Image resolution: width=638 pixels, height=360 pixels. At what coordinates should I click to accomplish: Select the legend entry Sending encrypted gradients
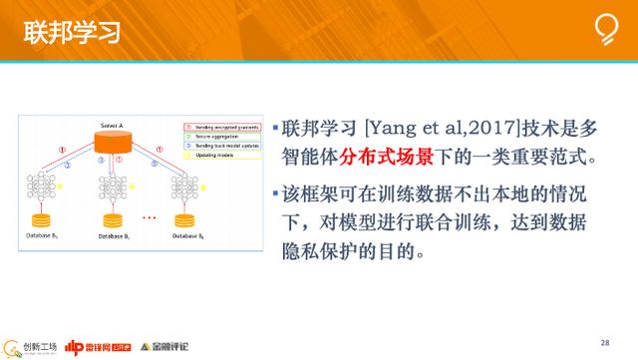[221, 128]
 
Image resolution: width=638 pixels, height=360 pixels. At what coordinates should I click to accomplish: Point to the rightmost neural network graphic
[185, 186]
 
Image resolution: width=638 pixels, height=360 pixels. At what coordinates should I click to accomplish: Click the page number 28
[605, 341]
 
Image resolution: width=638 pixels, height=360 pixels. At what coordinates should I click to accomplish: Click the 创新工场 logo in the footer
[30, 346]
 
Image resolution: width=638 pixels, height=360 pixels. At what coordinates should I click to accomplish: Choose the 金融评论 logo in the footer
[166, 346]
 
